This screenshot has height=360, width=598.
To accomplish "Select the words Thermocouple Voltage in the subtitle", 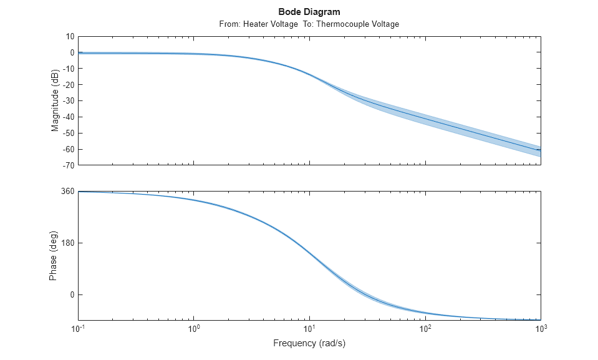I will pos(357,24).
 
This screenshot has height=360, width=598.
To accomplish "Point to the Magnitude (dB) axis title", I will pos(55,101).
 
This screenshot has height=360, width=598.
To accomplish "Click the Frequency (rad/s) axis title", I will pos(309,343).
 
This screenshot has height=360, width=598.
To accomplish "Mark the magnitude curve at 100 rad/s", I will pos(425,118).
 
